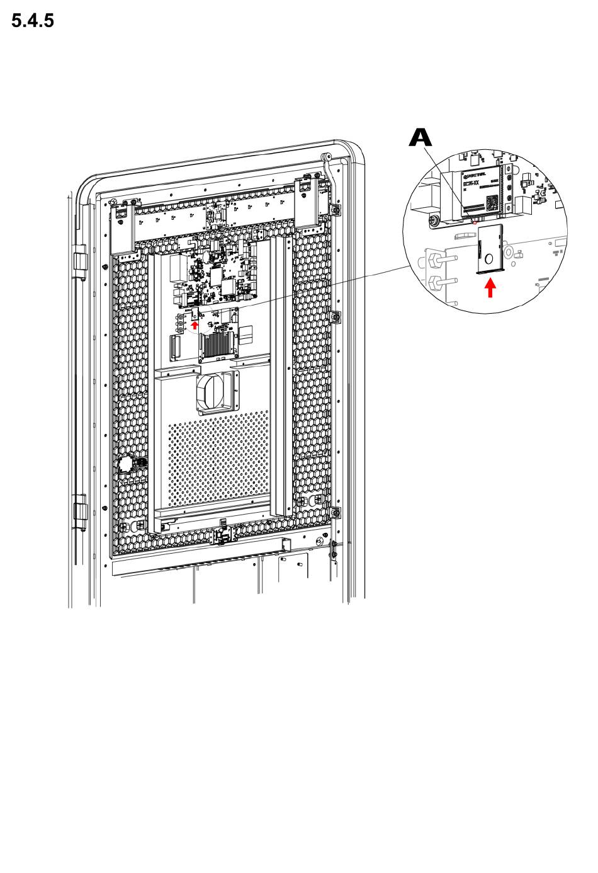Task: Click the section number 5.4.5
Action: [x=33, y=21]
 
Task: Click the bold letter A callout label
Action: [x=420, y=139]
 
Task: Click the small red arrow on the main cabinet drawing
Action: [x=195, y=325]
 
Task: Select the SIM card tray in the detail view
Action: [x=489, y=249]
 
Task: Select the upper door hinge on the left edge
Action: [x=80, y=263]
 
